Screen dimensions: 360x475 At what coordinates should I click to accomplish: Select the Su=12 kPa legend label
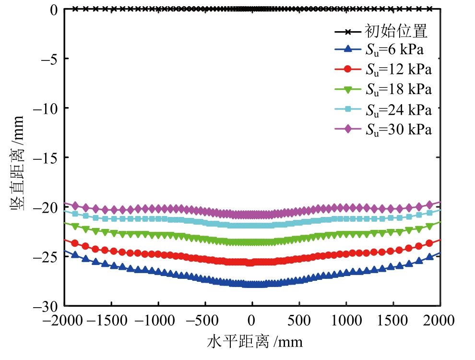[x=398, y=69]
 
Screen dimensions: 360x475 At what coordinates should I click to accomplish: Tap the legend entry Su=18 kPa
[x=398, y=90]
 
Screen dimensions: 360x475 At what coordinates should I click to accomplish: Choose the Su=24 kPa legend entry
[x=398, y=110]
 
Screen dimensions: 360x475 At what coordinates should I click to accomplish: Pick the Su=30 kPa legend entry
[x=398, y=130]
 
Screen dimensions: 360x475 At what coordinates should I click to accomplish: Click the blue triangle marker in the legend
[x=349, y=48]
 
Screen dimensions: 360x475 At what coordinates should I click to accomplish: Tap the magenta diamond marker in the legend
[x=349, y=130]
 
